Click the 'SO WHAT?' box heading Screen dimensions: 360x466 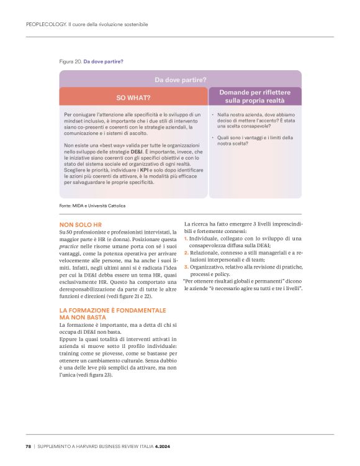[133, 97]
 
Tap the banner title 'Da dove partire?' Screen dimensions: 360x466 [180, 80]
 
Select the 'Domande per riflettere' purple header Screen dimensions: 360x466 [255, 96]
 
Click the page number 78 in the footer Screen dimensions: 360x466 [29, 445]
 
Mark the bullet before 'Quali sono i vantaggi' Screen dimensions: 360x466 [213, 137]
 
